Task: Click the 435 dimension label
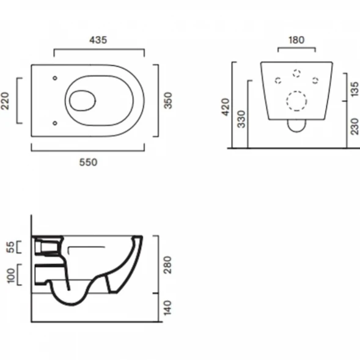coord(98,40)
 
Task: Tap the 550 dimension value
coord(88,163)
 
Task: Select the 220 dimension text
coord(5,101)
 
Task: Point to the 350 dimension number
coord(168,101)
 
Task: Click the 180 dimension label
coord(296,40)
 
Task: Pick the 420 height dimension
coord(226,107)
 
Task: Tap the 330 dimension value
coord(241,119)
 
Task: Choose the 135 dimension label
coord(354,89)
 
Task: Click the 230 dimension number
coord(354,127)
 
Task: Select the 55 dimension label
coord(11,247)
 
